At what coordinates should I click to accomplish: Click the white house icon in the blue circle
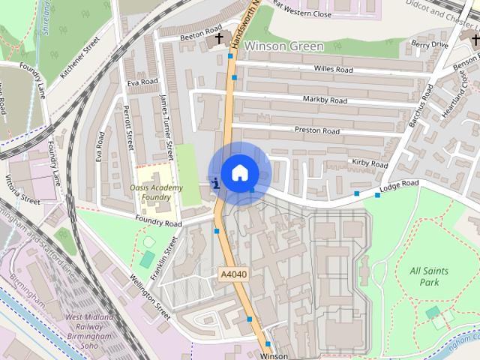239,172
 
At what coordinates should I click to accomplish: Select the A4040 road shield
234,275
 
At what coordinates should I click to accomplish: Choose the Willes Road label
334,70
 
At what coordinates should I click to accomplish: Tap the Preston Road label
317,130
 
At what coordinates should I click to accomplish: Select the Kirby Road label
369,163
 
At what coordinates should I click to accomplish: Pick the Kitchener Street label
80,58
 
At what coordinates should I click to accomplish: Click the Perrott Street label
129,126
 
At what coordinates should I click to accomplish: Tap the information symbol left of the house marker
216,182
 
